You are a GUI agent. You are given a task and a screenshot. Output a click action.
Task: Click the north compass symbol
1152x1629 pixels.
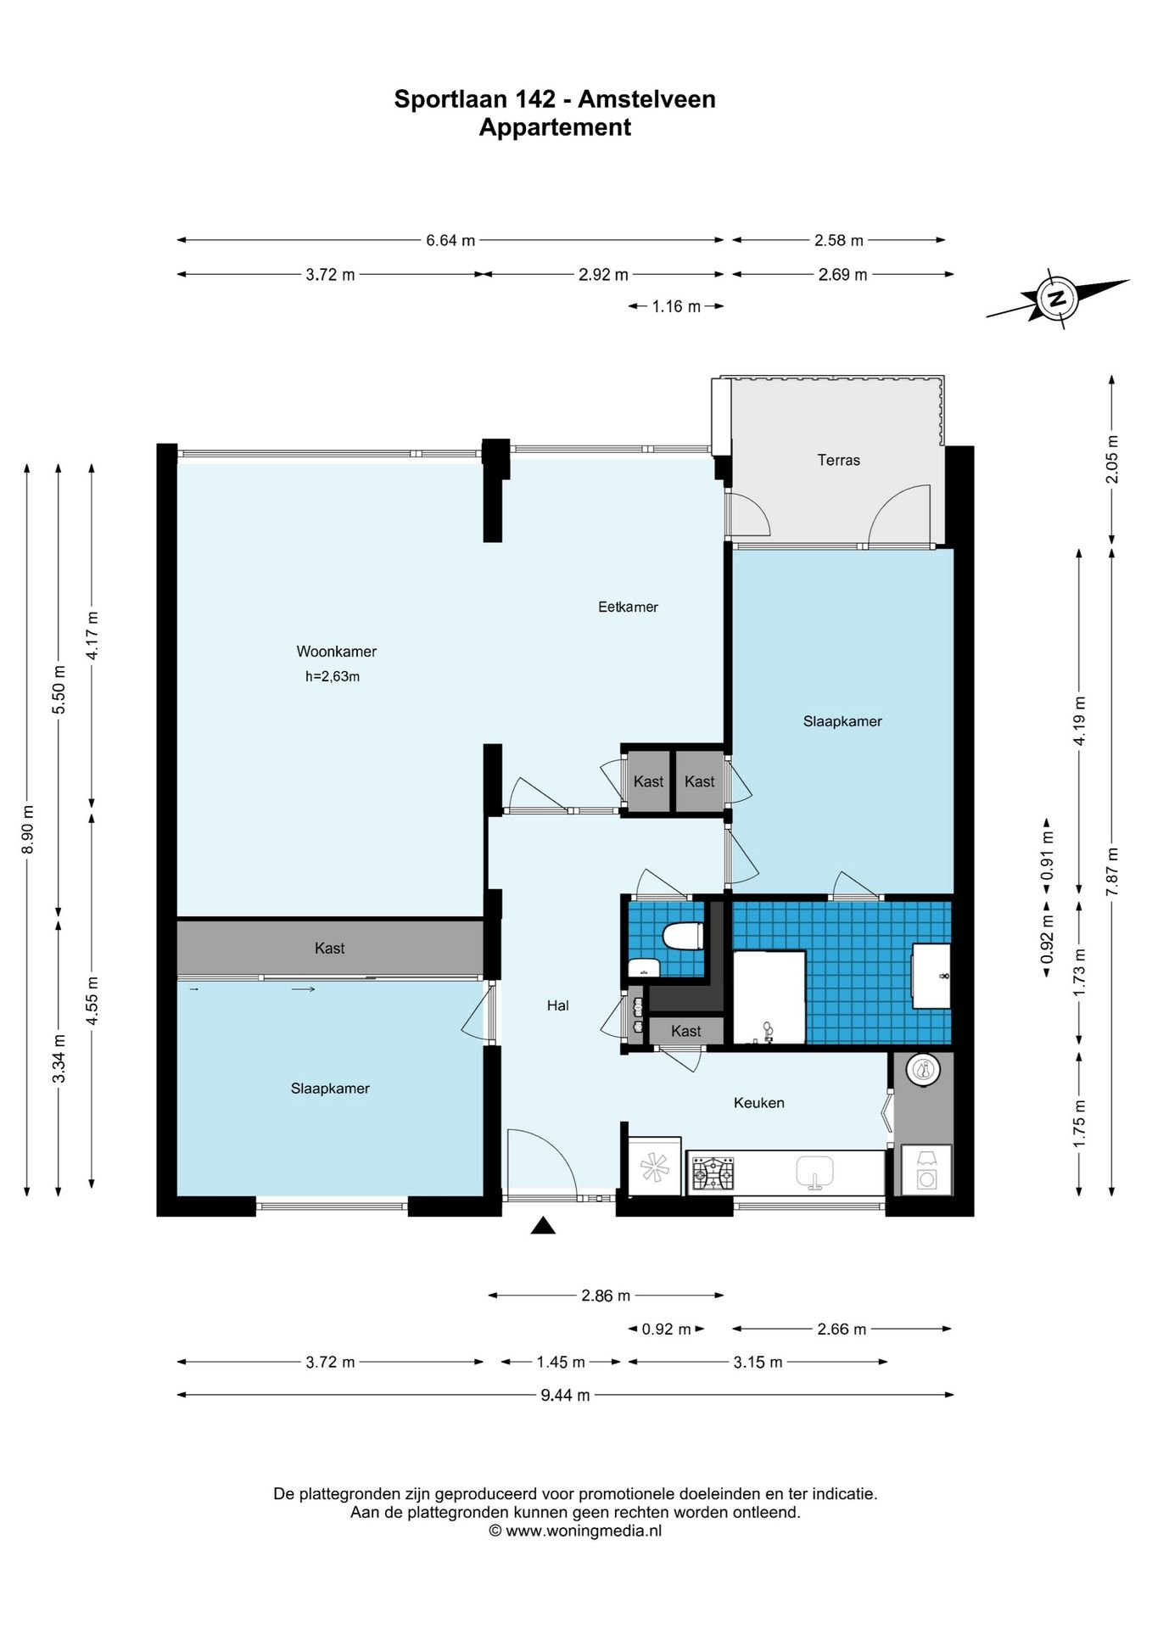(1057, 299)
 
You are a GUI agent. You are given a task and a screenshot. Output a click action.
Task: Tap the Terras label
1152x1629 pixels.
(838, 460)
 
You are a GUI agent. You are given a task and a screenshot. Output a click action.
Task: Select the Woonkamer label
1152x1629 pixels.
(336, 652)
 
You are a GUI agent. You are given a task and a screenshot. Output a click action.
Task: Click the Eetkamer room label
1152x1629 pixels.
(628, 607)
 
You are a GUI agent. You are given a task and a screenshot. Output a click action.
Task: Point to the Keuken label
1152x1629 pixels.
(758, 1103)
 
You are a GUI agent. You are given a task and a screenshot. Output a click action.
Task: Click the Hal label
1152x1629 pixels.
(557, 1005)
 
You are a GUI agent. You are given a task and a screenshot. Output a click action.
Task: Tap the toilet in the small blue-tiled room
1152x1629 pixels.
(683, 937)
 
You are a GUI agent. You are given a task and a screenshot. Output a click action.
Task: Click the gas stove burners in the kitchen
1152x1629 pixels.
(713, 1173)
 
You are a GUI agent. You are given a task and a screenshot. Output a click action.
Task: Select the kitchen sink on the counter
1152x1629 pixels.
(814, 1172)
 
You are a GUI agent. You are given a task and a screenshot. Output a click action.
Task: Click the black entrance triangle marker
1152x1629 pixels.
(543, 1225)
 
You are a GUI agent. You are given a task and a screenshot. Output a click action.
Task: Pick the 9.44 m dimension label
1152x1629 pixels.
(565, 1395)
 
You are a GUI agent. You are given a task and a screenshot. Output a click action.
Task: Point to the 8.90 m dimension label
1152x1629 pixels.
(27, 829)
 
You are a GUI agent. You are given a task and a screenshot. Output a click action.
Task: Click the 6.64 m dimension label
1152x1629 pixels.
(450, 240)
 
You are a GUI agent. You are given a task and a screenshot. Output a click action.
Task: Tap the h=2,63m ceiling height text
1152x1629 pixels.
(333, 677)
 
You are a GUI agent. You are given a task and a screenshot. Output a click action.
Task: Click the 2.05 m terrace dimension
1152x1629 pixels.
(1112, 459)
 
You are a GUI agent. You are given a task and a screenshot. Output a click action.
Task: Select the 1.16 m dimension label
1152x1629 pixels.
(676, 306)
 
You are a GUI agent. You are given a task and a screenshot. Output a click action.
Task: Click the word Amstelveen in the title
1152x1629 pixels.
(646, 99)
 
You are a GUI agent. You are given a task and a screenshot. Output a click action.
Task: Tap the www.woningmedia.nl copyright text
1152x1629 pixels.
(575, 1531)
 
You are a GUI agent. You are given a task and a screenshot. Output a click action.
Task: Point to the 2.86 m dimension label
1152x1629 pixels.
(606, 1296)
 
